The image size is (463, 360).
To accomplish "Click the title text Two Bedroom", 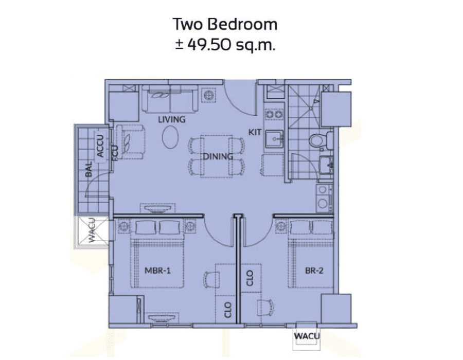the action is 225,25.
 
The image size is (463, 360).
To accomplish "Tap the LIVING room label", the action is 172,119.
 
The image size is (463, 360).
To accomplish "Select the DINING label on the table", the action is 218,156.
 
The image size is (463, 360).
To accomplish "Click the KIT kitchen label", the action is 255,132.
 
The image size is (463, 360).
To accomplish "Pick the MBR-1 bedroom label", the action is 157,271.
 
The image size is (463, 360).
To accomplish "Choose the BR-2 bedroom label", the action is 314,271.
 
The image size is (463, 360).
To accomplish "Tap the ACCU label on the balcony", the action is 101,146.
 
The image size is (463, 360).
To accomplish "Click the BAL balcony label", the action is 88,169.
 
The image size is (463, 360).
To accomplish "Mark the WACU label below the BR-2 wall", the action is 307,336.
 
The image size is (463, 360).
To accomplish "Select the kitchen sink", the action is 275,139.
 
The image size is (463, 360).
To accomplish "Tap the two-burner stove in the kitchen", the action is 275,114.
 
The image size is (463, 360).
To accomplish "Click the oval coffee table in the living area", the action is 170,137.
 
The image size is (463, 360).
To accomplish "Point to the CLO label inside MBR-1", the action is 228,310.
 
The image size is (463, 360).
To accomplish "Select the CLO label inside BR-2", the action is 250,278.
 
